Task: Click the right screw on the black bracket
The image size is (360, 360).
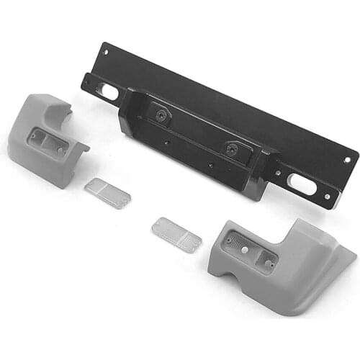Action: pyautogui.click(x=232, y=149)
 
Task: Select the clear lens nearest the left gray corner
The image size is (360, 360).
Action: pyautogui.click(x=107, y=193)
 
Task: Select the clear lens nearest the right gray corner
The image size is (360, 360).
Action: pyautogui.click(x=176, y=235)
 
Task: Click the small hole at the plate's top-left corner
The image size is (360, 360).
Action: pyautogui.click(x=105, y=52)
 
